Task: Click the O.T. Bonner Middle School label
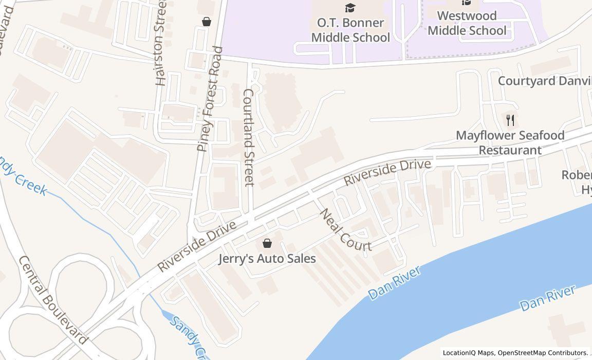tap(350, 30)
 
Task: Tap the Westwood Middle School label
tap(467, 23)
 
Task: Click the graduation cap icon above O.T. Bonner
tap(350, 7)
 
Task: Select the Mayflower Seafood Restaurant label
tap(510, 142)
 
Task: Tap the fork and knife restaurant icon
tap(510, 120)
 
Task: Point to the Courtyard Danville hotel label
tap(545, 81)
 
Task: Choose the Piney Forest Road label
tap(210, 99)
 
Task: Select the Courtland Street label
tap(249, 137)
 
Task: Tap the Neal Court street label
tap(345, 230)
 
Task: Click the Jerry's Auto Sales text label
tap(267, 258)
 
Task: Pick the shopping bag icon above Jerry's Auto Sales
tap(267, 243)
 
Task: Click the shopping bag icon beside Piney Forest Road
tap(207, 21)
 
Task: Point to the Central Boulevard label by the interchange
tap(52, 300)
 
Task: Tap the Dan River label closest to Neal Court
tap(395, 283)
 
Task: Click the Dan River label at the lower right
tap(548, 298)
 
